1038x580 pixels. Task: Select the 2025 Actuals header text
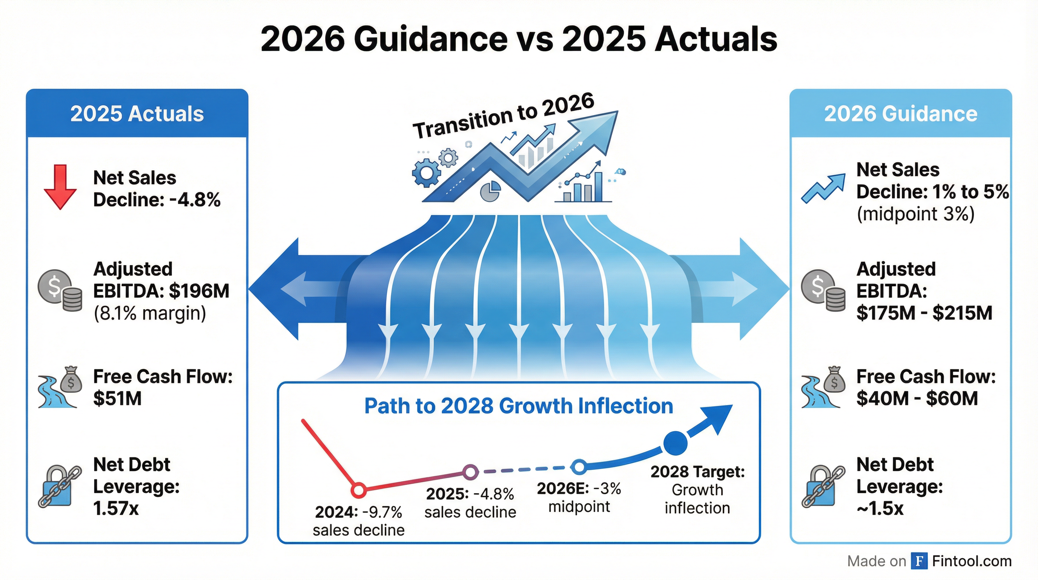(x=137, y=114)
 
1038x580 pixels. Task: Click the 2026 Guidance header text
(x=901, y=114)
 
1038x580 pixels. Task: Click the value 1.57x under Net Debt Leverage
(x=116, y=508)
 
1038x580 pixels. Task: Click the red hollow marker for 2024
(x=359, y=490)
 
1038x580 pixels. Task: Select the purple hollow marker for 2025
(x=470, y=472)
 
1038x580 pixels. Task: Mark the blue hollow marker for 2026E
(x=579, y=467)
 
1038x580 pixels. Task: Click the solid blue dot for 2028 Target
(x=676, y=443)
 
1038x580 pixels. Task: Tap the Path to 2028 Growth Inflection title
(x=519, y=406)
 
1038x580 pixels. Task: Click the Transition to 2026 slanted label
(x=503, y=116)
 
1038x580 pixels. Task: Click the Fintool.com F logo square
(x=919, y=561)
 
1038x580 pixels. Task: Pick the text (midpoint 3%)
(x=915, y=214)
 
